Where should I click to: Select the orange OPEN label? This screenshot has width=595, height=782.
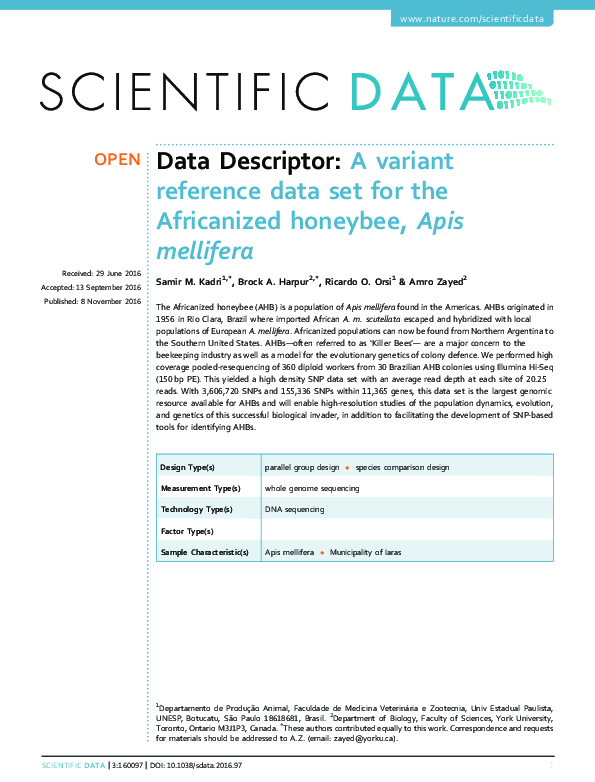pyautogui.click(x=117, y=160)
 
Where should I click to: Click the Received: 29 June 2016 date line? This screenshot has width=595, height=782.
pyautogui.click(x=101, y=273)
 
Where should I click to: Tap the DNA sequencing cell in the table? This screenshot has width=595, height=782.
pyautogui.click(x=294, y=509)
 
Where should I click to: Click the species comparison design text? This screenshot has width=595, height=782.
pyautogui.click(x=403, y=467)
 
